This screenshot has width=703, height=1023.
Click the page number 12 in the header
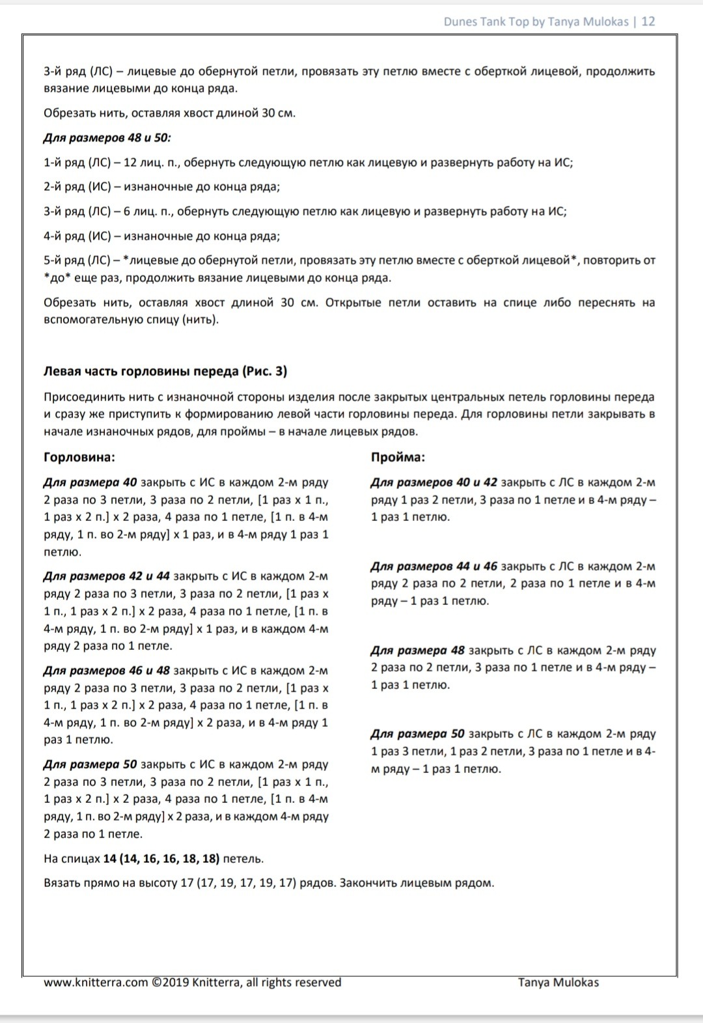coord(648,21)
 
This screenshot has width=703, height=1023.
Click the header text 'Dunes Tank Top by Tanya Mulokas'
coord(536,21)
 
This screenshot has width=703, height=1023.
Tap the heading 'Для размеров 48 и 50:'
coord(107,138)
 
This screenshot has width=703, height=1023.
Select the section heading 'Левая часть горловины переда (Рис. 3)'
coord(165,371)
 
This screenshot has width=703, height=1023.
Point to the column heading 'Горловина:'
coord(79,457)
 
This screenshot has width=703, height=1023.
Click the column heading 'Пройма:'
coord(398,457)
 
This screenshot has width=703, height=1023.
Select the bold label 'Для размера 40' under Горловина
coord(90,483)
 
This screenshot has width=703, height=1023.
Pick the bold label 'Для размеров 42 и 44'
coord(107,576)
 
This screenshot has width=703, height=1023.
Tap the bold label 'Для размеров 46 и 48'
coord(107,671)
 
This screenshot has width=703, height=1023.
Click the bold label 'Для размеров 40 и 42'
coord(434,483)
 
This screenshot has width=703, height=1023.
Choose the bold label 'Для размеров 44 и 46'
coord(434,567)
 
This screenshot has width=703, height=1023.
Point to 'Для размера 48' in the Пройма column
coord(418,651)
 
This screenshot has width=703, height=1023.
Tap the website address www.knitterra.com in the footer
coord(96,983)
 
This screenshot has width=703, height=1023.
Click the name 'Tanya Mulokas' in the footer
coord(558,983)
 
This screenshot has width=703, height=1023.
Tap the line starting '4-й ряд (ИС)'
coord(161,236)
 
